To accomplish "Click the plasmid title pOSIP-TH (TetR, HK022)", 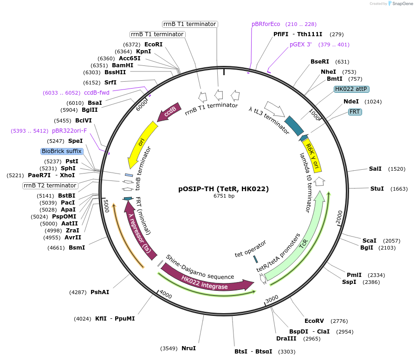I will (x=224, y=189).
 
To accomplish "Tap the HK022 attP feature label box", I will (x=352, y=89).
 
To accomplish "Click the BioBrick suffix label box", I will (x=62, y=151).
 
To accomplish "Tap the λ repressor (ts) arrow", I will (x=140, y=232).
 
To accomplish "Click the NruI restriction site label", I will (x=188, y=348).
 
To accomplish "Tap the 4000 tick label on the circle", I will (x=166, y=295).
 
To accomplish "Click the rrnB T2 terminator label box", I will (x=50, y=186).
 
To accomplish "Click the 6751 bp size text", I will (x=224, y=196).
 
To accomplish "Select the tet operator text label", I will (x=251, y=248).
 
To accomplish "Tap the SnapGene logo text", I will (x=402, y=3).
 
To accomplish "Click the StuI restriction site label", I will (x=377, y=189).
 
